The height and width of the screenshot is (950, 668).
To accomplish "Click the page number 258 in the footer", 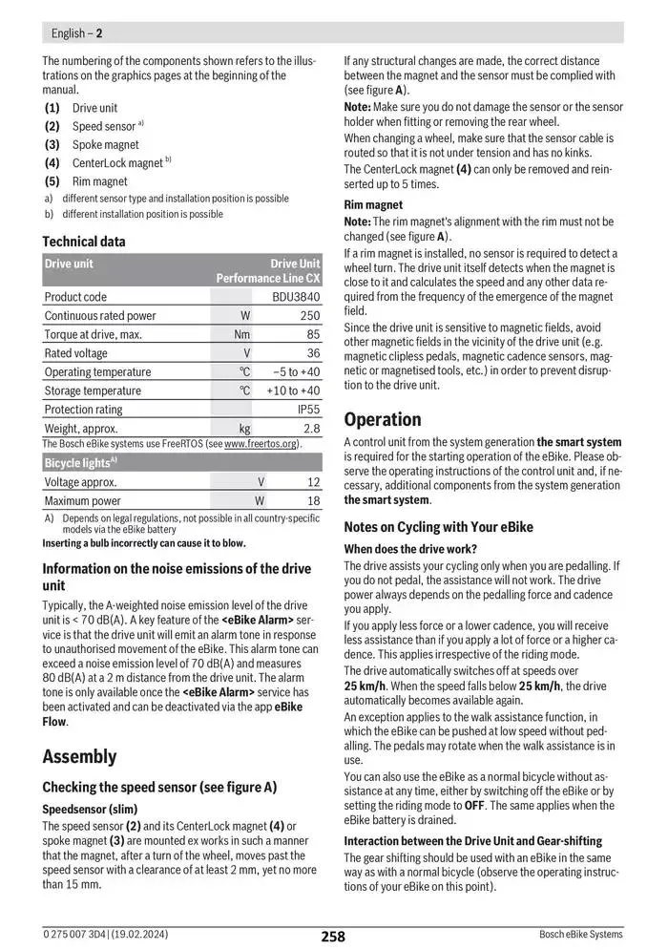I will pos(332,936).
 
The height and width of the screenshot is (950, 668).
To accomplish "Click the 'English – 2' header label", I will pos(77,32).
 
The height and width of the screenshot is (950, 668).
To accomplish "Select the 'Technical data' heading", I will pos(84,242).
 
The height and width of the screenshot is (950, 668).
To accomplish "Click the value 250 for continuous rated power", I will pos(309,316).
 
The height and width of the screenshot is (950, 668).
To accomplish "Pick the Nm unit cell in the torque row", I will pos(242,334).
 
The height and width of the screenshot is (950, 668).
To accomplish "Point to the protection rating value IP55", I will pos(308,410).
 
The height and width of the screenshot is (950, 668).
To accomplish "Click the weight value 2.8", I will pos(311,429).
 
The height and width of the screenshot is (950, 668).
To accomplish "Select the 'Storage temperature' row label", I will pos(93,391).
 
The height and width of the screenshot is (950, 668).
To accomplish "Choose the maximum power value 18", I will pos(313,500).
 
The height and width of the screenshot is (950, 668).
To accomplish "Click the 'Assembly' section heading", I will pos(79,756).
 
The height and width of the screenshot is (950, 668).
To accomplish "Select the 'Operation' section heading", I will pos(382,419).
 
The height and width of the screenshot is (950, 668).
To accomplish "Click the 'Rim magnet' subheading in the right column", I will pos(373,204).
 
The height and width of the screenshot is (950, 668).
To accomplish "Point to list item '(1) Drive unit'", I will pos(81,108).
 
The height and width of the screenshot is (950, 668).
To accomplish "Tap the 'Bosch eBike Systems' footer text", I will pos(580,935).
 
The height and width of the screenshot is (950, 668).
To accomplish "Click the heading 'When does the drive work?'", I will pos(410,548).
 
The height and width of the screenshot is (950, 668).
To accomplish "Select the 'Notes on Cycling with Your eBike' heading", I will pos(438,527).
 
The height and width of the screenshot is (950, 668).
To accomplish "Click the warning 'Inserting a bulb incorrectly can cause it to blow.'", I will pos(143,543).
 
